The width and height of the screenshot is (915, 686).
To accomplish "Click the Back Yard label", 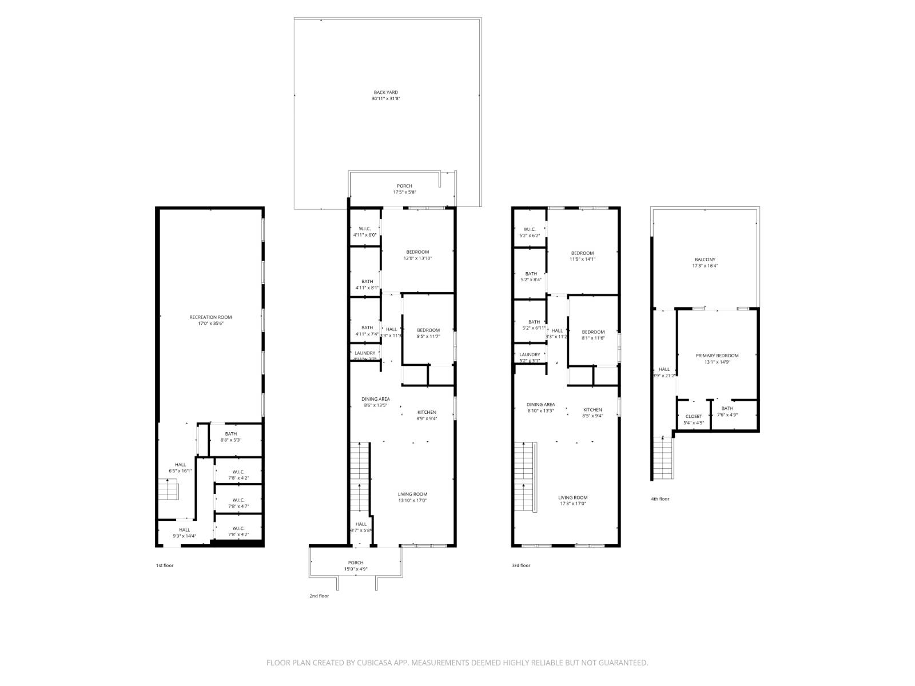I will [385, 95].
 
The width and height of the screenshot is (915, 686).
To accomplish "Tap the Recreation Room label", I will [210, 320].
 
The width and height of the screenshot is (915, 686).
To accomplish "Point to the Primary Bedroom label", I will [717, 358].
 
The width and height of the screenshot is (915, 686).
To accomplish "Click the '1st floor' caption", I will [165, 565].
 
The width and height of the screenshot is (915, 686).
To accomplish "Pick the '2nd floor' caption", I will [319, 596].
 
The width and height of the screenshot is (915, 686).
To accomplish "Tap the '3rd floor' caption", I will [520, 565].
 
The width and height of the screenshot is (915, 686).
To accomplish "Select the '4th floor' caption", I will [659, 499].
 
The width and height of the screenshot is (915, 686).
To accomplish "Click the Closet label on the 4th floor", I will [693, 420].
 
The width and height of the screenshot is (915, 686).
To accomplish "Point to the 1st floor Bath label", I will [230, 437].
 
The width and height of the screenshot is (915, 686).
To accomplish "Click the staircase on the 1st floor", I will [169, 490].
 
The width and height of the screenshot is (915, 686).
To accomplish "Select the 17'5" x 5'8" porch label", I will [404, 189].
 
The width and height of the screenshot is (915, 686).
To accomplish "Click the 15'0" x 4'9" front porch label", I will [355, 566].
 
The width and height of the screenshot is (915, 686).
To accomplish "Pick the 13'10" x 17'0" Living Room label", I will [412, 497].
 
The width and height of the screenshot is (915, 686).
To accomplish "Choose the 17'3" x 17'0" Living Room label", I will [572, 501].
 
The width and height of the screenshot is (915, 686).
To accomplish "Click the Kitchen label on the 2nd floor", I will [427, 415].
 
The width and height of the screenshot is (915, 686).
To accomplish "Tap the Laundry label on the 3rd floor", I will [530, 357].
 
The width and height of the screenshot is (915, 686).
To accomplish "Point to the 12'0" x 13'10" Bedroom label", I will [417, 255].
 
